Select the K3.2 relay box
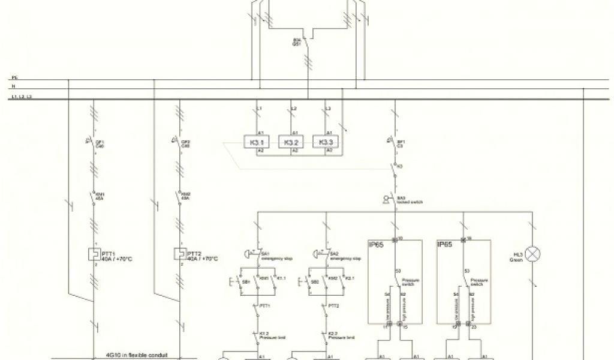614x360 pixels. tap(292, 142)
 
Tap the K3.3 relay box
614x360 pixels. tap(326, 142)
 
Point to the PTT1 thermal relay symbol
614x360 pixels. tap(94, 254)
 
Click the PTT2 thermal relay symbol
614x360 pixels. tap(179, 254)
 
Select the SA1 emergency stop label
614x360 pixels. tap(274, 256)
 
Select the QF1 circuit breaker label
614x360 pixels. tap(100, 143)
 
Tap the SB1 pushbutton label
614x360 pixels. tap(245, 280)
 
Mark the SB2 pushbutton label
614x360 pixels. tap(315, 280)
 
